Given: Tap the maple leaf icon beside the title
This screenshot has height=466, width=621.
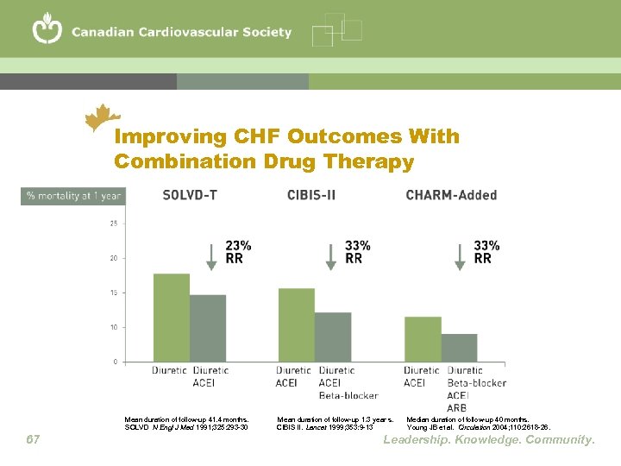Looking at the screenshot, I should pos(103,117).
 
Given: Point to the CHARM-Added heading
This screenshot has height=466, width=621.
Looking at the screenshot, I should pos(451,195).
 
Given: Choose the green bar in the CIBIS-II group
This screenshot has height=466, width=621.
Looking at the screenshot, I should pos(296,324).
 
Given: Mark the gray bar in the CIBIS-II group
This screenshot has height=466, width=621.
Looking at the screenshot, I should pos(333,337).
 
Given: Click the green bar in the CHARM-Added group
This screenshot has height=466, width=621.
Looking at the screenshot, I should pos(423,339).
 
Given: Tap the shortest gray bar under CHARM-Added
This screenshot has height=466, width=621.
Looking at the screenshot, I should pos(459,348).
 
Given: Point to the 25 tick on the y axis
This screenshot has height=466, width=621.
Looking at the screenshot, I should pos(113,224).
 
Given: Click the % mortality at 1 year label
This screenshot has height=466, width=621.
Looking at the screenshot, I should pos(74,196).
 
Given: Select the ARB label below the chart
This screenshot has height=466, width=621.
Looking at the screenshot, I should pos(457,407).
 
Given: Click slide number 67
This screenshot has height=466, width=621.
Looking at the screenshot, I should pos(33,440).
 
